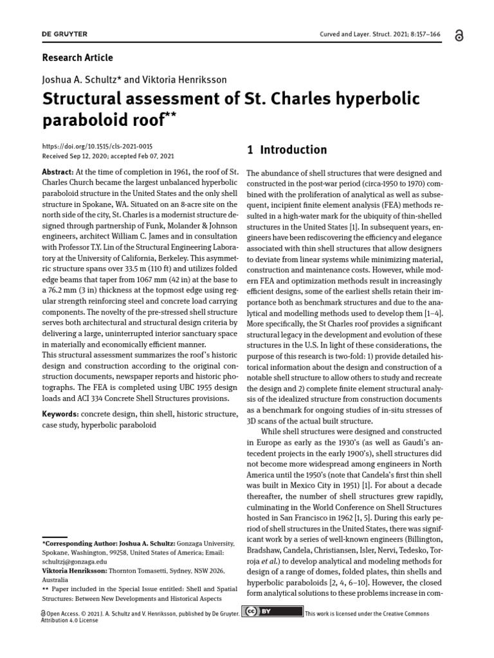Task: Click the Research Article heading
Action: [x=77, y=58]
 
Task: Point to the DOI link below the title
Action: [x=97, y=147]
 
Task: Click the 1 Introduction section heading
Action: [x=287, y=150]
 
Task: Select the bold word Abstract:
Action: [x=57, y=173]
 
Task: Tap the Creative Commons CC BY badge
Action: [x=272, y=610]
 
